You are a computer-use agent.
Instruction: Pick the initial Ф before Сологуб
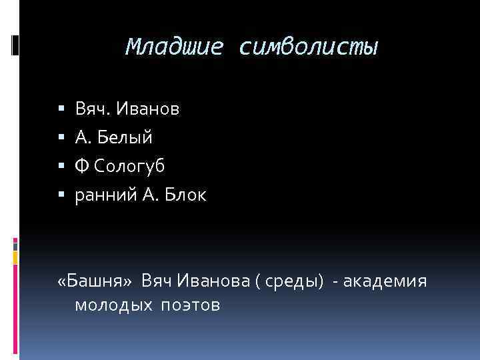pyautogui.click(x=81, y=166)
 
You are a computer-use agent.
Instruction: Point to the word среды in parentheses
pyautogui.click(x=294, y=283)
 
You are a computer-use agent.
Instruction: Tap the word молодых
pyautogui.click(x=112, y=305)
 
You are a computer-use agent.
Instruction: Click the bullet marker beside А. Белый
pyautogui.click(x=61, y=138)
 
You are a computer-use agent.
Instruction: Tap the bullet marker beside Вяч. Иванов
pyautogui.click(x=61, y=109)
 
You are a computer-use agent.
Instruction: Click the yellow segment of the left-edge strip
pyautogui.click(x=15, y=256)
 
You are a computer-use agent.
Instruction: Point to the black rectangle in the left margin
pyautogui.click(x=15, y=45)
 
